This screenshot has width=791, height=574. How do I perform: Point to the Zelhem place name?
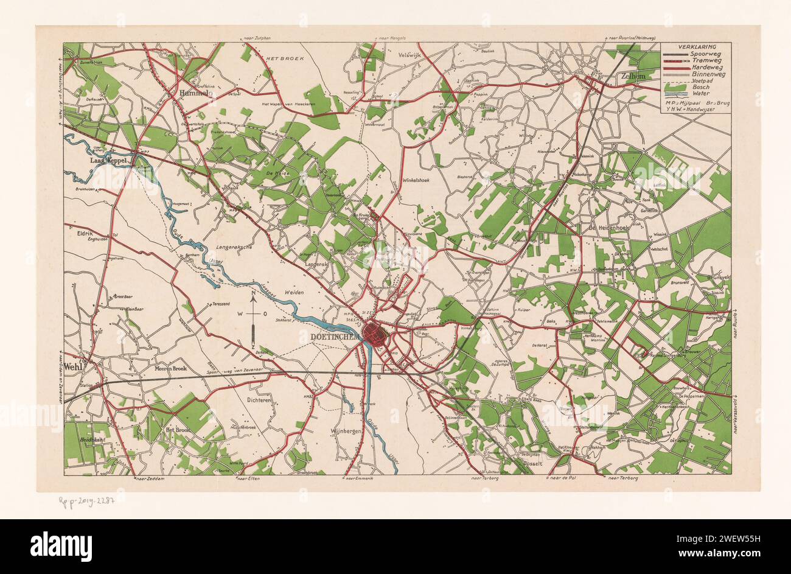(634, 77)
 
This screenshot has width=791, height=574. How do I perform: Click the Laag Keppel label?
(109, 161)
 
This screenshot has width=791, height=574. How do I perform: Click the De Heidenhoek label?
(608, 228)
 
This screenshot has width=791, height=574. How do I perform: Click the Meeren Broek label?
(170, 369)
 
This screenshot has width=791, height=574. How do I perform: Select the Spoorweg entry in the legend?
(705, 54)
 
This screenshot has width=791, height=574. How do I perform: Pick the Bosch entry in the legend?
(702, 87)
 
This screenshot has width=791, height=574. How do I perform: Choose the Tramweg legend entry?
(705, 61)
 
